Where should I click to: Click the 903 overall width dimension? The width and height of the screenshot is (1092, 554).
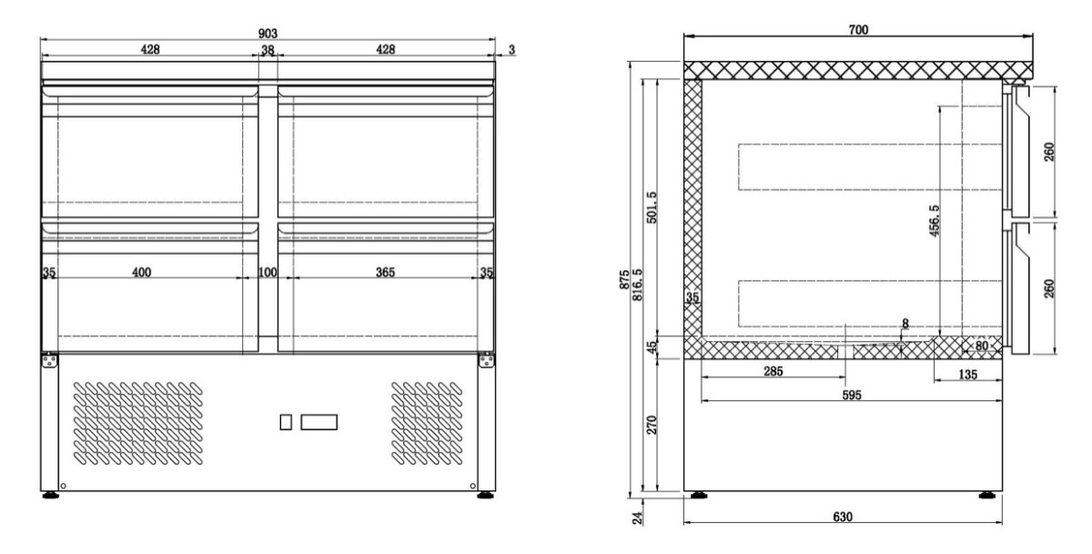tap(268, 33)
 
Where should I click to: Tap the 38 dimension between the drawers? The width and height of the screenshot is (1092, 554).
tap(268, 50)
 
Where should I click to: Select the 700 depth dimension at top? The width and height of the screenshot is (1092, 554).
tap(858, 30)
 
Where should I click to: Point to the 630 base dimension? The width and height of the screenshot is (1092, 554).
tap(843, 517)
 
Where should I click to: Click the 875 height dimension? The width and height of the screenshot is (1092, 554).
tap(624, 279)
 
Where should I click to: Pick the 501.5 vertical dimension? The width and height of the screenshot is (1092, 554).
tap(652, 207)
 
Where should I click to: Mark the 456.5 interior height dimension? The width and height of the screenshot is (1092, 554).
tap(934, 221)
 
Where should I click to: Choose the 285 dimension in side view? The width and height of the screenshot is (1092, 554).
tap(773, 371)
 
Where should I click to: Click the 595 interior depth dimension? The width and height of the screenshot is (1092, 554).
tap(852, 395)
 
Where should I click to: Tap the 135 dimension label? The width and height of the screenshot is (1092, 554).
tap(967, 374)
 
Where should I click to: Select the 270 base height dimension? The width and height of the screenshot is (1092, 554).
tap(652, 425)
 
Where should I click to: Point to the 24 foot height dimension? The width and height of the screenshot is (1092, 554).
tap(637, 519)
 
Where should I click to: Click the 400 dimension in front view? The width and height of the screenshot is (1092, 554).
tap(141, 272)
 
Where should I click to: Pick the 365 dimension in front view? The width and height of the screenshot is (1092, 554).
tap(385, 272)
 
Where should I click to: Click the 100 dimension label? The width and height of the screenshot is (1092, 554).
tap(268, 272)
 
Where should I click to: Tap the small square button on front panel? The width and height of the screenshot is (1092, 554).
tap(286, 422)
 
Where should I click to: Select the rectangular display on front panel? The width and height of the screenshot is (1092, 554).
tap(318, 422)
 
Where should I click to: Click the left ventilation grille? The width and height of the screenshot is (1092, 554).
tap(138, 423)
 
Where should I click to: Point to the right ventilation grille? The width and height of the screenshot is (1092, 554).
tap(427, 423)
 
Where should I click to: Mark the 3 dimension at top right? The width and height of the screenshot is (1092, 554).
tap(511, 50)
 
